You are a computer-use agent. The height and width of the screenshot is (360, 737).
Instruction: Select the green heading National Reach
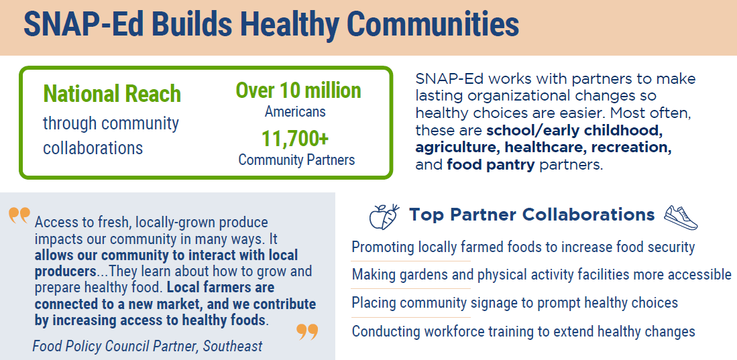pyautogui.click(x=112, y=94)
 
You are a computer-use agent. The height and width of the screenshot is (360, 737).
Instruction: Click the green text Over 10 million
pyautogui.click(x=298, y=91)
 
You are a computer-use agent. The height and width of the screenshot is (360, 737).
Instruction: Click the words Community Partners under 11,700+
pyautogui.click(x=296, y=160)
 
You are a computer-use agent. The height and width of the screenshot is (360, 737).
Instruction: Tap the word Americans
pyautogui.click(x=295, y=111)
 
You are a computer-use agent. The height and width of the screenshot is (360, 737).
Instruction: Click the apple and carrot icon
pyautogui.click(x=384, y=216)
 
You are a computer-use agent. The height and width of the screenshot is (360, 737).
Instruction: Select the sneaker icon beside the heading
pyautogui.click(x=680, y=216)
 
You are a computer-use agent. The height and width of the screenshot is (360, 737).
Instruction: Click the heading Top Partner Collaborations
pyautogui.click(x=532, y=215)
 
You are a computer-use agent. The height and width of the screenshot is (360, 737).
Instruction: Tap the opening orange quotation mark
pyautogui.click(x=19, y=216)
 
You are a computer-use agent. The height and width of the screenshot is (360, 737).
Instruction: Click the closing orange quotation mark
pyautogui.click(x=306, y=331)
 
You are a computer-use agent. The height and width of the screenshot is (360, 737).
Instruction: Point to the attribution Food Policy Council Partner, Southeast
pyautogui.click(x=148, y=346)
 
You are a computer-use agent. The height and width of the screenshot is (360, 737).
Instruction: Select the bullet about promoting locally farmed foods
pyautogui.click(x=523, y=247)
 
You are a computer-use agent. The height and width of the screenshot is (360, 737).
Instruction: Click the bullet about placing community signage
pyautogui.click(x=514, y=302)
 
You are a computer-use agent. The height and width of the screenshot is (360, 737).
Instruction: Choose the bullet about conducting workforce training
pyautogui.click(x=523, y=331)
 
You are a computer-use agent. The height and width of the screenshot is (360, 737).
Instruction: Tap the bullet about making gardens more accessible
pyautogui.click(x=541, y=274)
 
